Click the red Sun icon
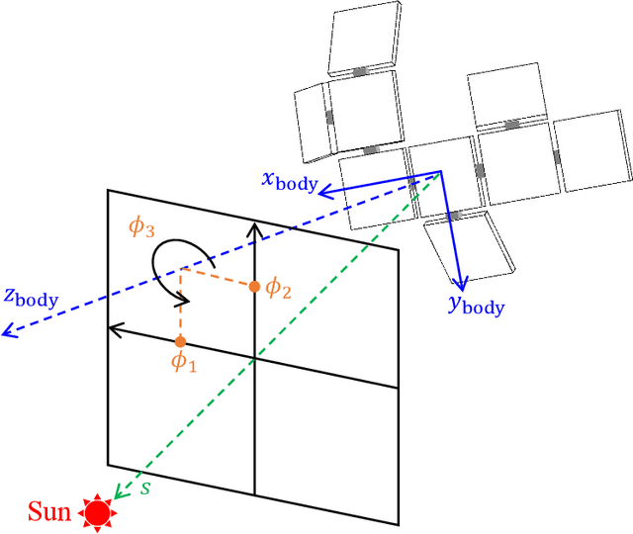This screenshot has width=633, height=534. tap(97, 511)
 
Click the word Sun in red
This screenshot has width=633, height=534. tap(49, 512)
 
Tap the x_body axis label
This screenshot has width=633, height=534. tap(289, 180)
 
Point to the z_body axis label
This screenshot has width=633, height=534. tap(31, 296)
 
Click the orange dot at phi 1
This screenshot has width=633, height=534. tap(180, 341)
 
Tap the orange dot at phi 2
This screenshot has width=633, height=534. tap(254, 287)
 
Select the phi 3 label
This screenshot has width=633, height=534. tap(142, 226)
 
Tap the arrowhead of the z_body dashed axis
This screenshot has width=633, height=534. tap(7, 333)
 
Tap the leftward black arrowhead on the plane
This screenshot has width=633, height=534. tap(113, 329)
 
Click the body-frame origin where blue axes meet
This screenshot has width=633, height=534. tap(440, 173)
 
